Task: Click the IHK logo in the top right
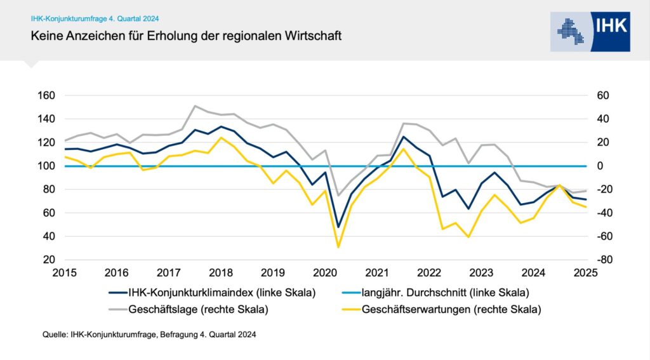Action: tap(590, 30)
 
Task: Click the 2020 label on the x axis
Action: tap(324, 274)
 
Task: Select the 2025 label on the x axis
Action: tap(585, 274)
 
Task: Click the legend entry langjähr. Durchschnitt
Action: tap(445, 293)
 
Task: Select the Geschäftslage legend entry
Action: tap(197, 310)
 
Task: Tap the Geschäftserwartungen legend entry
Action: tap(451, 310)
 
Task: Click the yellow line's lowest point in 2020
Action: tap(338, 247)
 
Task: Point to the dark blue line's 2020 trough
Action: tap(338, 227)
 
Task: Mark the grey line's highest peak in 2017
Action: tap(195, 106)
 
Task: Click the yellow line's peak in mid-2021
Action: tap(403, 149)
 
